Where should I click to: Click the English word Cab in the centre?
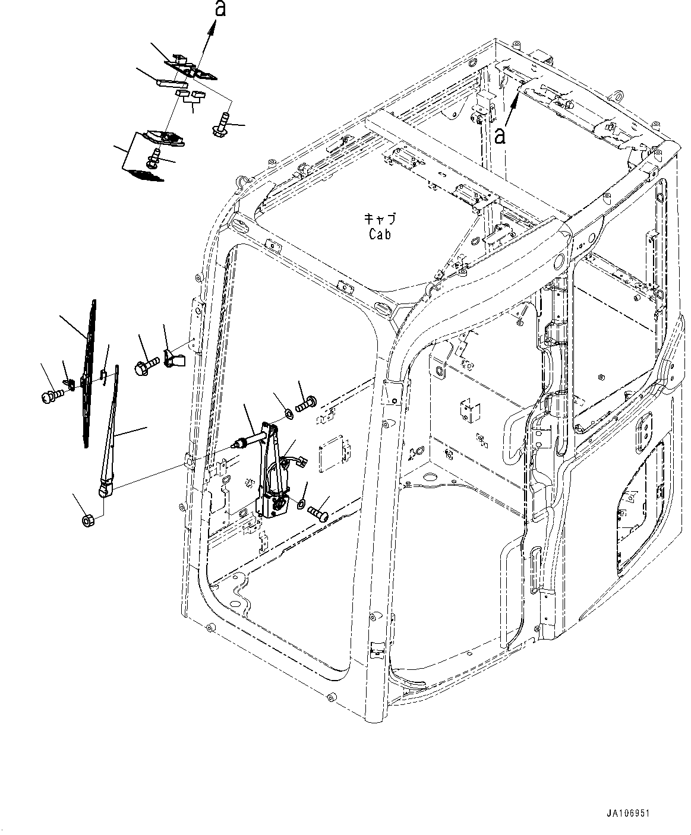pos(379,234)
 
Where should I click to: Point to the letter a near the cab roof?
pos(501,136)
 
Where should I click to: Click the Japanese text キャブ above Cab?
pos(378,219)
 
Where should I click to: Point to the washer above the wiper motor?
pos(288,412)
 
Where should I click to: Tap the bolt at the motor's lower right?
pos(318,511)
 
